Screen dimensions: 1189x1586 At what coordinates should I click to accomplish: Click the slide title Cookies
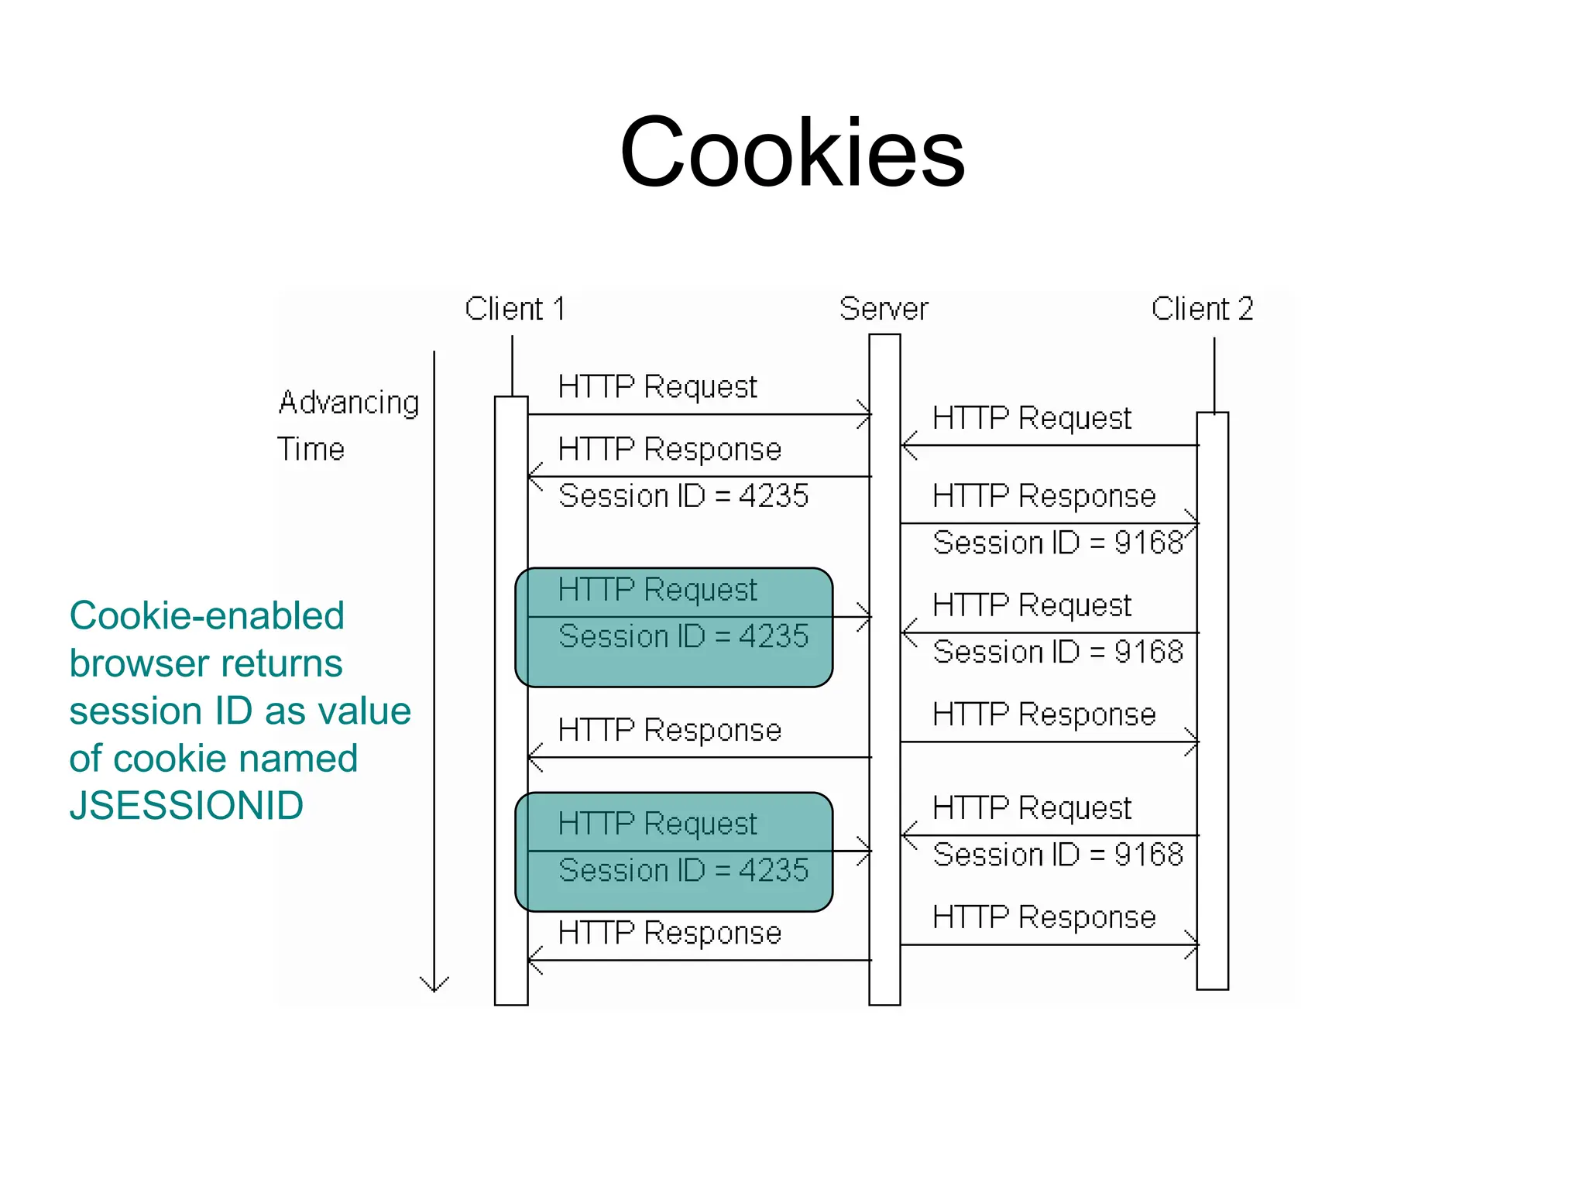tap(792, 152)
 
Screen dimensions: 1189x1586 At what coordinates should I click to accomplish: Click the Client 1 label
tap(515, 309)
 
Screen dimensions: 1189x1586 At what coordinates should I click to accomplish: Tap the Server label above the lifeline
tap(884, 309)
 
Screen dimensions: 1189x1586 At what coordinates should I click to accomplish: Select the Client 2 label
tap(1202, 309)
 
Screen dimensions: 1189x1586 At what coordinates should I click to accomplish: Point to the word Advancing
tap(348, 403)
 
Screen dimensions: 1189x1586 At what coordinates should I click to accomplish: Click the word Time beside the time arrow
tap(311, 449)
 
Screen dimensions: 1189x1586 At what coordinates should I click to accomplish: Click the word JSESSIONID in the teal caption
tap(186, 806)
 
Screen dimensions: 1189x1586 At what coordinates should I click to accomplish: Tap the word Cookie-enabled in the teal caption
tap(206, 616)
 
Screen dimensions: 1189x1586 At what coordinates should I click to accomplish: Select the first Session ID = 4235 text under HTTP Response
tap(683, 495)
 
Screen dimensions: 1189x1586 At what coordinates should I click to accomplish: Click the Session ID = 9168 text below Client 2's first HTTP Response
tap(1058, 543)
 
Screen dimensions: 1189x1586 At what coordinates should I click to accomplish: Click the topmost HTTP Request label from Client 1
tap(657, 386)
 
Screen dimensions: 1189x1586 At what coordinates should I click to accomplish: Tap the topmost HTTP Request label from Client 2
tap(1032, 418)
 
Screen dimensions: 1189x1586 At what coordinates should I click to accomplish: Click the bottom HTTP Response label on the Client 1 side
tap(669, 933)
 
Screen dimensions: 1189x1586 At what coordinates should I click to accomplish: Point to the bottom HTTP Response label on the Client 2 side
tap(1044, 917)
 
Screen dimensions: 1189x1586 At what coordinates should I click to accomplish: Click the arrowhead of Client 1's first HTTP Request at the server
tap(866, 415)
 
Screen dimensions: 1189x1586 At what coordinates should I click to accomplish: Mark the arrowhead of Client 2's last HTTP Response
tap(1193, 945)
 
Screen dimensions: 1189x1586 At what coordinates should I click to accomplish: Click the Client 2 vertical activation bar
tap(1212, 697)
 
